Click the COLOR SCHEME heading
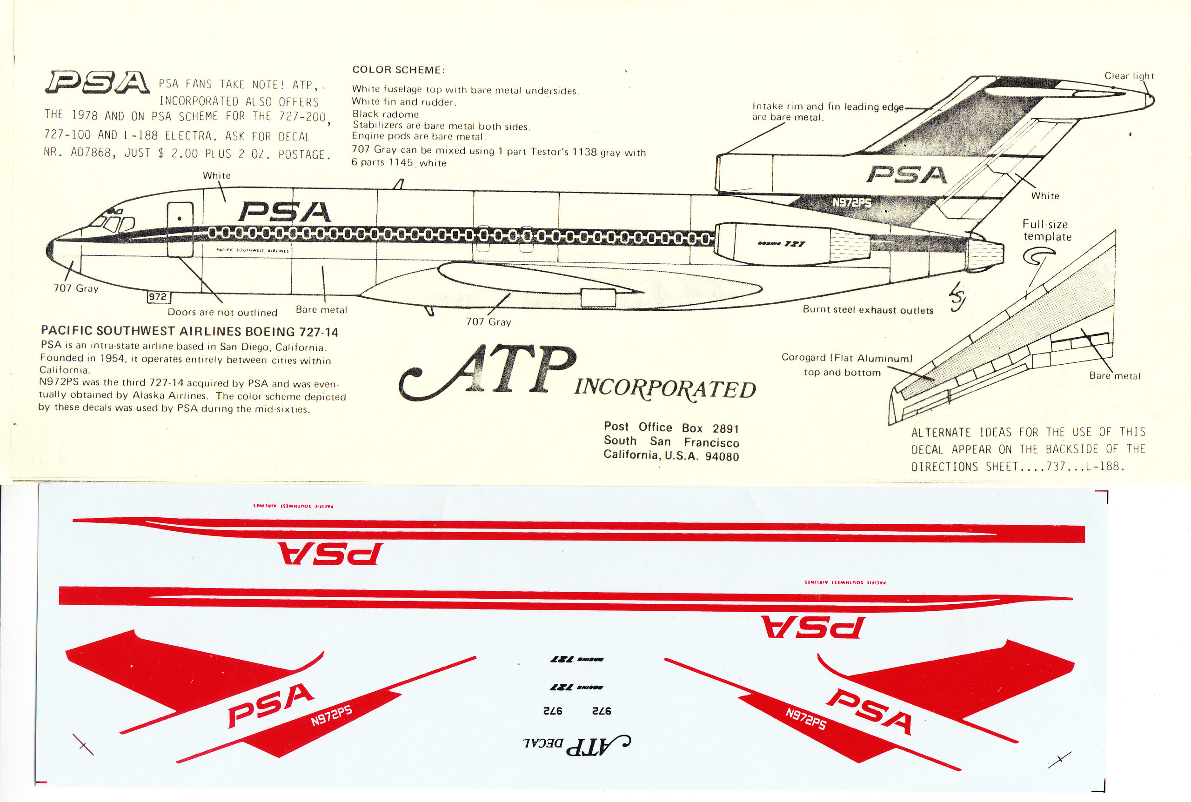tap(398, 70)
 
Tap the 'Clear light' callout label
tap(1129, 76)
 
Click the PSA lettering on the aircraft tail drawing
tap(907, 175)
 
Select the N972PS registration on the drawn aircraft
tap(851, 202)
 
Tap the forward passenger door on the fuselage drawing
tap(180, 228)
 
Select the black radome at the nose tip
tap(50, 251)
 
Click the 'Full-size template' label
tap(1046, 230)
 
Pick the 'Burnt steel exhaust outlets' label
tap(867, 310)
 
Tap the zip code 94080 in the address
tap(722, 456)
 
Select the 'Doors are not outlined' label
tap(222, 313)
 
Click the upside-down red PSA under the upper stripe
tap(330, 554)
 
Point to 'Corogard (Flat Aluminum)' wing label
tap(846, 358)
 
